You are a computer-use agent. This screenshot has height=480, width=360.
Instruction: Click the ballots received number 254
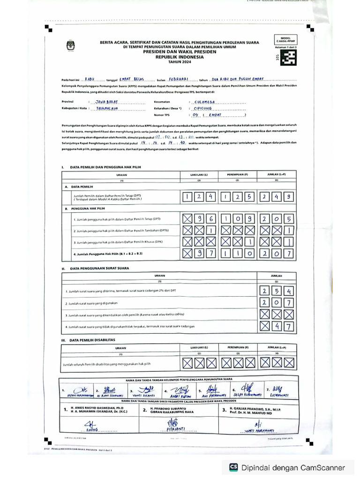[x=277, y=291]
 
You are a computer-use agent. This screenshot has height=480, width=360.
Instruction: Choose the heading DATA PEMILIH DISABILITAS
[x=91, y=340]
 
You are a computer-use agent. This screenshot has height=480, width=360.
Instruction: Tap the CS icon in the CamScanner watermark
[x=233, y=467]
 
